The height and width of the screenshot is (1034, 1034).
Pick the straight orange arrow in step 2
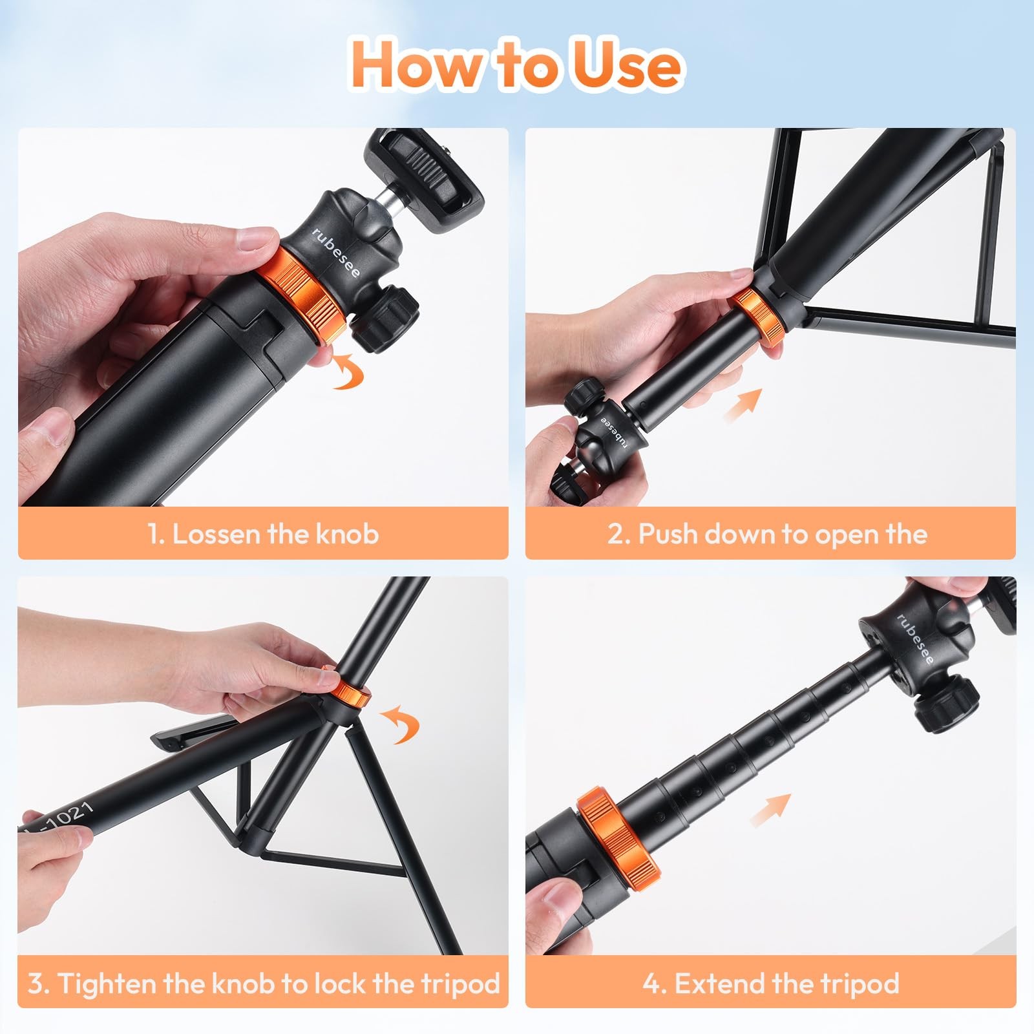click(743, 404)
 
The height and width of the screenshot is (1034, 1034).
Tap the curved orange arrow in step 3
click(400, 724)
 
